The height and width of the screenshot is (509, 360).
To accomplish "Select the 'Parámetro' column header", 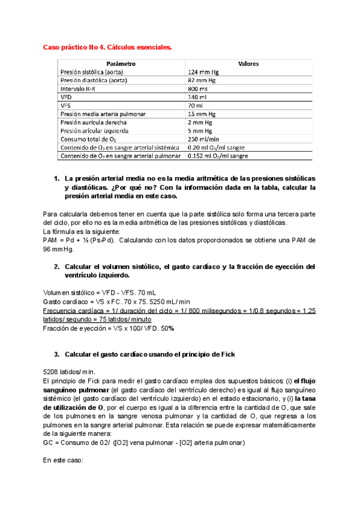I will coord(121,64).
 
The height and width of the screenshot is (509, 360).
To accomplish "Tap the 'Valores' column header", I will coord(248,64).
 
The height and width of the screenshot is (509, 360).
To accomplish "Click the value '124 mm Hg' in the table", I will coord(203,72).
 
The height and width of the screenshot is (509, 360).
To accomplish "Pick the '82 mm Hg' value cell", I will coord(202,80).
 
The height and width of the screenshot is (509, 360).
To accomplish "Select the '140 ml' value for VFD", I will coord(197,97).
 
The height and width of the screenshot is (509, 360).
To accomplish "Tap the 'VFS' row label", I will coord(66,106).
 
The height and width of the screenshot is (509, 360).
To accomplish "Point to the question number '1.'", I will coord(57,179).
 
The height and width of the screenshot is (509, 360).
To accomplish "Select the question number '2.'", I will coord(57,267).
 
